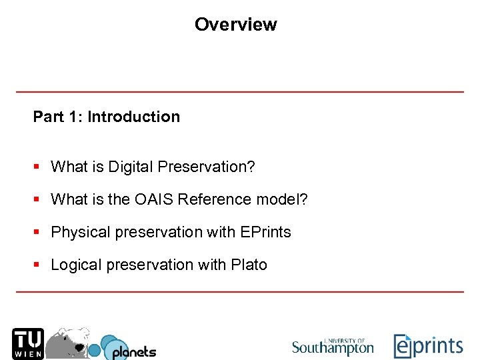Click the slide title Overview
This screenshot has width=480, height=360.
(235, 25)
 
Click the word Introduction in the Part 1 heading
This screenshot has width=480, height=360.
(133, 117)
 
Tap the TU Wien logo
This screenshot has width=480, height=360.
(27, 343)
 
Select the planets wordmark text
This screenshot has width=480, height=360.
(133, 351)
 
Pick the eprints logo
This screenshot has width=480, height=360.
(428, 346)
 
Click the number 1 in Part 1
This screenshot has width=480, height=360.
(75, 117)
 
